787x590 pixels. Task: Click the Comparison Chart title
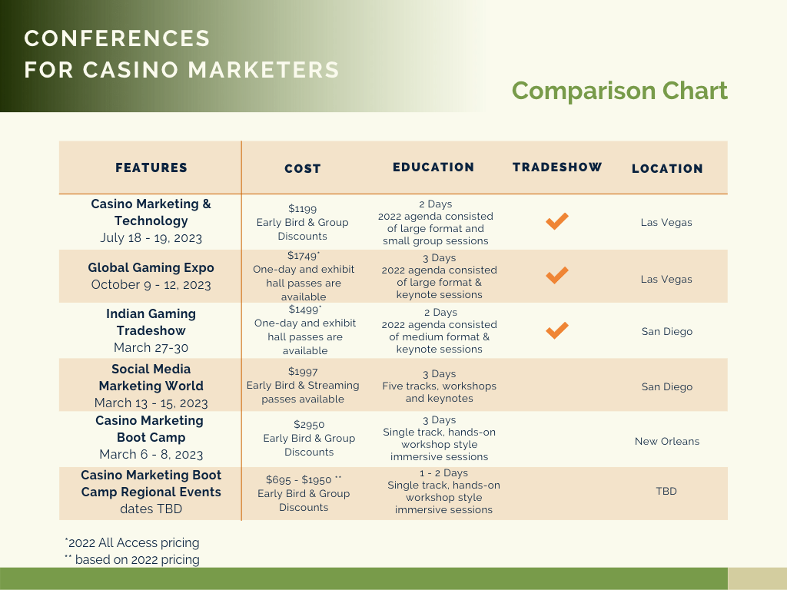point(619,91)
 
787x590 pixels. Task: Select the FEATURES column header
point(151,167)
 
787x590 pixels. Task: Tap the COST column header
point(303,168)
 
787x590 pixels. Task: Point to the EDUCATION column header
point(433,167)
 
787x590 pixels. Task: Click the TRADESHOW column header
point(557,167)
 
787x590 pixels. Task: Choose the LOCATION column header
point(667,168)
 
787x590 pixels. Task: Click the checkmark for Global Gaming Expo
point(557,275)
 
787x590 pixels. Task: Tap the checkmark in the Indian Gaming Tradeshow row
point(557,330)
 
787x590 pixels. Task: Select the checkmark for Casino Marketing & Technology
point(557,221)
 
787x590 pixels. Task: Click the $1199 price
point(302,208)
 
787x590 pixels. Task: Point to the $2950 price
point(309,424)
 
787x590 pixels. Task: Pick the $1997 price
point(303,371)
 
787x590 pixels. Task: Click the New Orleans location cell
point(666,441)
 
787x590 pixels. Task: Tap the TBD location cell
point(666,491)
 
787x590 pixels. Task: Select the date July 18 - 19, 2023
point(151,238)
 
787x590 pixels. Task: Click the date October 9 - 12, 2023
point(151,284)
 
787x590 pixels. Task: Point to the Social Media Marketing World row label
point(151,377)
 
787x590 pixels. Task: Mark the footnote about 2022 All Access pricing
point(132,542)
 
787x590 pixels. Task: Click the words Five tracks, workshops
point(439,386)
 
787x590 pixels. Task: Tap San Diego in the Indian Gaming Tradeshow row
point(666,331)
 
